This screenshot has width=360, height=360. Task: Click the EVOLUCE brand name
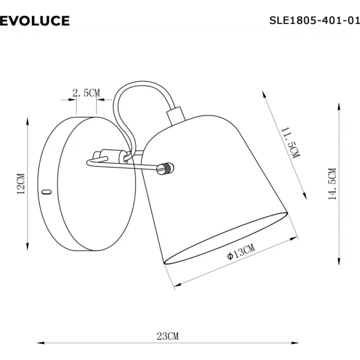pyautogui.click(x=35, y=21)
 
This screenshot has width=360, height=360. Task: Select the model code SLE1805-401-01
pyautogui.click(x=315, y=21)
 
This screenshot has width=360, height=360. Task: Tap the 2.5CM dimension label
pyautogui.click(x=86, y=93)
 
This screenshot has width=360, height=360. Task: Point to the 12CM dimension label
pyautogui.click(x=21, y=184)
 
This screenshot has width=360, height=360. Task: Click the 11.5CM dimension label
pyautogui.click(x=290, y=143)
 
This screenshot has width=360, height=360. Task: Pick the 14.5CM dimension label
pyautogui.click(x=332, y=184)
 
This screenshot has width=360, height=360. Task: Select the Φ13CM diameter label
pyautogui.click(x=241, y=252)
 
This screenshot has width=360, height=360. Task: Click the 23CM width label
pyautogui.click(x=167, y=336)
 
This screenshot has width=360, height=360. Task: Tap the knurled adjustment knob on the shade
pyautogui.click(x=165, y=168)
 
